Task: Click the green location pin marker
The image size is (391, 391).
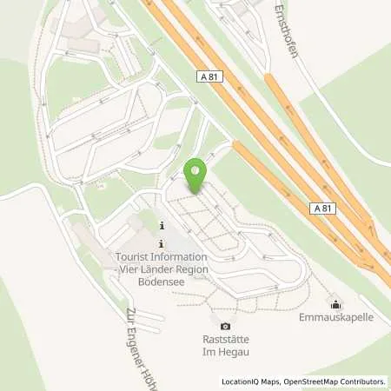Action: (x=197, y=176)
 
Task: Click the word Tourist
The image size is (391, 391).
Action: (x=136, y=257)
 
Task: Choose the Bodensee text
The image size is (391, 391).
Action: (x=162, y=282)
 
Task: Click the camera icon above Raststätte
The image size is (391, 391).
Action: (x=226, y=326)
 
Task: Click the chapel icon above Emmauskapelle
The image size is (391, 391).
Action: (x=335, y=302)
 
